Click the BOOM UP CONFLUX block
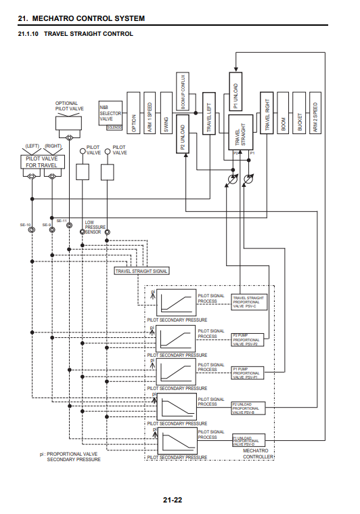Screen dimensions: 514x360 [x=183, y=91]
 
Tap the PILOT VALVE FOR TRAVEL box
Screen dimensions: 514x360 [x=41, y=161]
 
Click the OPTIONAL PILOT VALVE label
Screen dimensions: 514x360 [x=70, y=106]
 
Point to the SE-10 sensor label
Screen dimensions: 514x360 [x=25, y=224]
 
